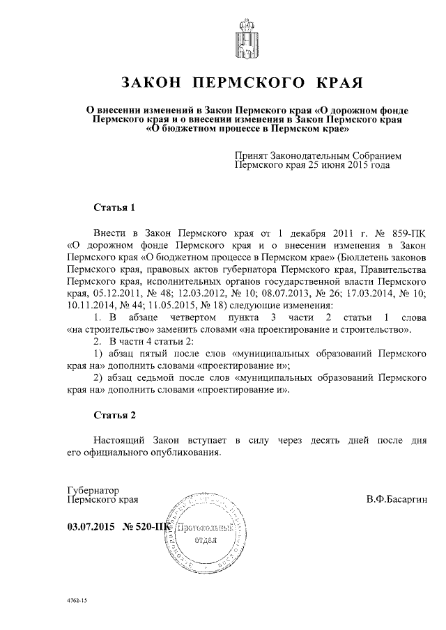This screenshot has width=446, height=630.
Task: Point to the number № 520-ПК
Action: pyautogui.click(x=146, y=527)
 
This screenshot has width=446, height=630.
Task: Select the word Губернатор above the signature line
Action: pyautogui.click(x=94, y=490)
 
